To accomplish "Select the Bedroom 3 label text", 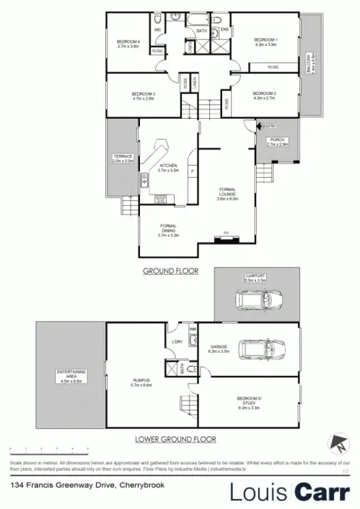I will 144,96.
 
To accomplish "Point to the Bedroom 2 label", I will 266,96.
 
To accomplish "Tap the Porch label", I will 278,141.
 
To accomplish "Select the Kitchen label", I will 168,168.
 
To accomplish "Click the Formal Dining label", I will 168,228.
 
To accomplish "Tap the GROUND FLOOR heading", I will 170,270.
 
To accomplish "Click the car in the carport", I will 258,298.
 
